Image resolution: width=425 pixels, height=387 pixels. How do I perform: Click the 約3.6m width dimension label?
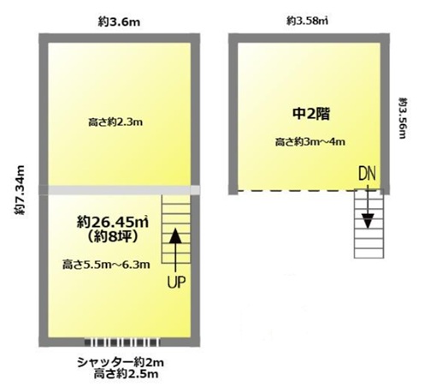click(119, 22)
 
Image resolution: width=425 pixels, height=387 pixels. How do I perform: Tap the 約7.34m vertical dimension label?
click(20, 190)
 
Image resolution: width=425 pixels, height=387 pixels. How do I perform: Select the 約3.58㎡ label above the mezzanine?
click(307, 21)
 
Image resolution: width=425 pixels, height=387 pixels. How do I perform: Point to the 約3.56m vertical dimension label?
click(403, 118)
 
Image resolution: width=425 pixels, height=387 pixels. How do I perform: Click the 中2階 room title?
click(311, 114)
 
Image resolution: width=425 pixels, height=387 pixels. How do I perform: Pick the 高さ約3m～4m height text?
click(310, 141)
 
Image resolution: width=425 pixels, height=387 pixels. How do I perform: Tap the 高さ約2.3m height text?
click(115, 122)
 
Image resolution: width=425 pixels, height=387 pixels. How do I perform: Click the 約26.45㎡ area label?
click(113, 222)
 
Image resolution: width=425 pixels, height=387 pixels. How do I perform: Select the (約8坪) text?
click(113, 236)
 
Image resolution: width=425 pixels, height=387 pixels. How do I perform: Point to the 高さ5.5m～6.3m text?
click(106, 265)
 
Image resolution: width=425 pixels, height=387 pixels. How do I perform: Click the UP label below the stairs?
click(176, 283)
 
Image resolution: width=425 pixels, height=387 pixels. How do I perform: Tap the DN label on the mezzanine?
click(367, 173)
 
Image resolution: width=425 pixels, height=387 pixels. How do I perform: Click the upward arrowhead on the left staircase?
click(175, 235)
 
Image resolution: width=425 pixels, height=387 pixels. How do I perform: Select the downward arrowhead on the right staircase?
click(368, 221)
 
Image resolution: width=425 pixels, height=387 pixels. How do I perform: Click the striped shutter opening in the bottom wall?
click(122, 342)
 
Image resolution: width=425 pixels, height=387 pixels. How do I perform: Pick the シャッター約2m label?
click(121, 363)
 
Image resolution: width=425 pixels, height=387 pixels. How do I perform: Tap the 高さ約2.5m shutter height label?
click(126, 374)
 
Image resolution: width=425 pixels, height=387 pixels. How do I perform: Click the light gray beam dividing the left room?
click(120, 190)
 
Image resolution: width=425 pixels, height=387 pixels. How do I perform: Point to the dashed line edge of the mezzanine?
click(310, 190)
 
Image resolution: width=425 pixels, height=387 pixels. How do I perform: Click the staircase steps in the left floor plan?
click(176, 229)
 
